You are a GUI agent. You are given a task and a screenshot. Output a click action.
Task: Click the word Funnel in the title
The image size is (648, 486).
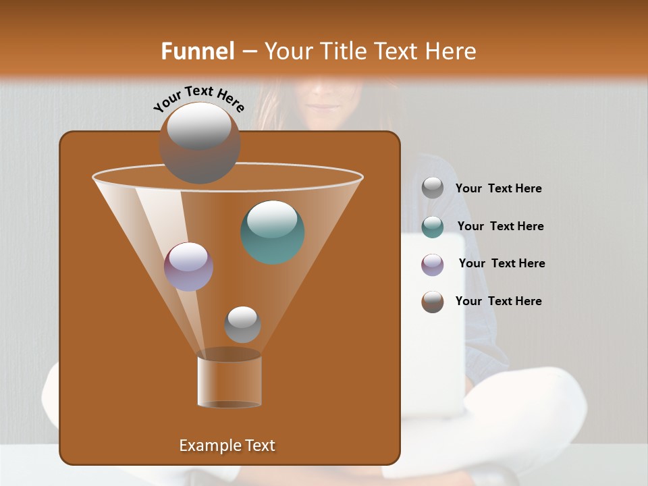[x=197, y=51]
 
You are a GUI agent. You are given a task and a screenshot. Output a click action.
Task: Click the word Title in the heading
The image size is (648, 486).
[x=344, y=51]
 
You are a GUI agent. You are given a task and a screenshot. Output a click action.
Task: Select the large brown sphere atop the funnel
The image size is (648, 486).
[x=199, y=142]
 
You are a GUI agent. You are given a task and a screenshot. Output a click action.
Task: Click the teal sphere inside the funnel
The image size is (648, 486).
[x=272, y=232]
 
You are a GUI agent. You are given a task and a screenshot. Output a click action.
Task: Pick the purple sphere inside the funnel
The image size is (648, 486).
[x=188, y=266]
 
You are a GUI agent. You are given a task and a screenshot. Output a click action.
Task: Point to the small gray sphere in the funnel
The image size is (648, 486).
[x=242, y=324]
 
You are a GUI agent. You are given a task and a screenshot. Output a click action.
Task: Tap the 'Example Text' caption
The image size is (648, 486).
[x=227, y=446]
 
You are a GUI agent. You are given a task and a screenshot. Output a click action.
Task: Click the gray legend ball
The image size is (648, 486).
[x=433, y=188]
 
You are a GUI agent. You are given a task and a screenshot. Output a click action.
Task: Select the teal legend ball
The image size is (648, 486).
[x=433, y=226]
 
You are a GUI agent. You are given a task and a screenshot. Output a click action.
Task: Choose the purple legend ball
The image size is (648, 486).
[x=433, y=264]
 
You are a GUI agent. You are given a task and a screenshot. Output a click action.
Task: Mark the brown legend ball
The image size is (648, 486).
[x=433, y=302]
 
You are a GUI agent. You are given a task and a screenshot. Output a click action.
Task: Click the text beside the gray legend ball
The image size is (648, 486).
[x=498, y=188]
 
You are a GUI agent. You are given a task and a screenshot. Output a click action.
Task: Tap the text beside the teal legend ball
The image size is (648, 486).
[x=500, y=226]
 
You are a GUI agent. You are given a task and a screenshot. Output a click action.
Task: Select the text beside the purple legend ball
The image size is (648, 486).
[x=502, y=263]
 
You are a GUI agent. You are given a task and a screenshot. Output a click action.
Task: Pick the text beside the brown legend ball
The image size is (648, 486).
[x=498, y=301]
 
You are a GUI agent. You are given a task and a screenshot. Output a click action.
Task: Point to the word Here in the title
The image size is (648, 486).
[x=451, y=51]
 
